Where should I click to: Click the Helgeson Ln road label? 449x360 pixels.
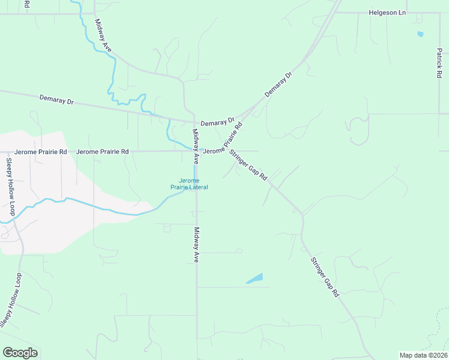click(x=387, y=12)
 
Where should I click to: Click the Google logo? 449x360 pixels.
click(x=20, y=353)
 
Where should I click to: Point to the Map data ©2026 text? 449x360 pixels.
click(x=423, y=355)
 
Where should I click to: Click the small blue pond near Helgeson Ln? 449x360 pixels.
click(x=420, y=34)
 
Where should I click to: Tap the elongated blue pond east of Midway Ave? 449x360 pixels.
click(x=255, y=279)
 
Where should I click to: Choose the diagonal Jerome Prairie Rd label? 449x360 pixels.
click(x=232, y=137)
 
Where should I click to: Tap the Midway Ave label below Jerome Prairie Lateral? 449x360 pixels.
click(x=196, y=244)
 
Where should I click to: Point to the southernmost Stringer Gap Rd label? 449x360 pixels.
click(x=325, y=277)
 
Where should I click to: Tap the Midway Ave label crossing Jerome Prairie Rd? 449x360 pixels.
click(x=195, y=147)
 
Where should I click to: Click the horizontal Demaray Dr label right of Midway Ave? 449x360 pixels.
click(x=216, y=123)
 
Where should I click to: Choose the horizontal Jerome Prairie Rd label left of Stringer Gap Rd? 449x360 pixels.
click(x=103, y=152)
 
